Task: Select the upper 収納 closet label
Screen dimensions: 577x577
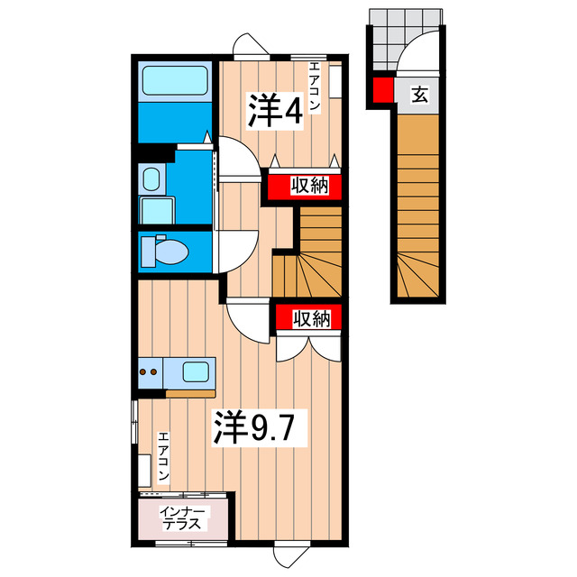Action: (x=307, y=186)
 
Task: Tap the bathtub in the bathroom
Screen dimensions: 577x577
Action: (x=175, y=82)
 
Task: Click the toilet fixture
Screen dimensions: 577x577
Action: (x=165, y=249)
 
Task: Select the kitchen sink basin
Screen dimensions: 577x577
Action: (x=197, y=371)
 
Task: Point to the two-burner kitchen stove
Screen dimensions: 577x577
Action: (x=151, y=371)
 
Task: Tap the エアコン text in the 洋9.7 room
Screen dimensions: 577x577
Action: (x=164, y=459)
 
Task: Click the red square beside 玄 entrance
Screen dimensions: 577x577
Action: (x=382, y=90)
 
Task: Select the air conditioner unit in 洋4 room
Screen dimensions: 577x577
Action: (x=334, y=80)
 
